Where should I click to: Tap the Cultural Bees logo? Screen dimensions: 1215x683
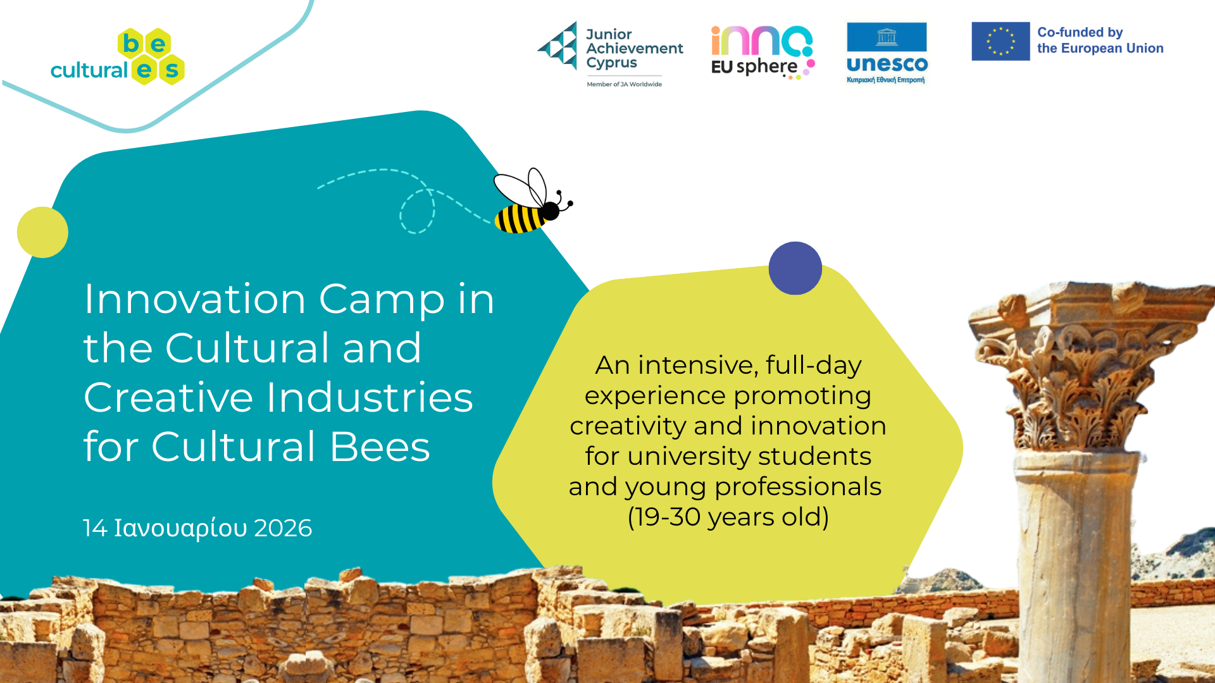[118, 57]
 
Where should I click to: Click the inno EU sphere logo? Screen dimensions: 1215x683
[763, 52]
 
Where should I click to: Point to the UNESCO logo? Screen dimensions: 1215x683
[887, 53]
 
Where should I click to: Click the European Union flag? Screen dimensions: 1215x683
[1000, 41]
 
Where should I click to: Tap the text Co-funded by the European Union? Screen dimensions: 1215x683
[1100, 40]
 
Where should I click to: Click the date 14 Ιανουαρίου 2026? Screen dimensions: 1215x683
[197, 528]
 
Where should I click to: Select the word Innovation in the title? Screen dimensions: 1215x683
[195, 298]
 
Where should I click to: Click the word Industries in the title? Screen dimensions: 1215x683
[370, 397]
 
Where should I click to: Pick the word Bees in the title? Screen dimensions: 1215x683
[380, 446]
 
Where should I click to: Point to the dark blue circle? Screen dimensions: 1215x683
[795, 268]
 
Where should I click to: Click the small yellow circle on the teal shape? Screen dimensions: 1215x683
[42, 232]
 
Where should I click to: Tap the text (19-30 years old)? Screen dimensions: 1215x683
[728, 517]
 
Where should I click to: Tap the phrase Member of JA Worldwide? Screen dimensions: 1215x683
[624, 84]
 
